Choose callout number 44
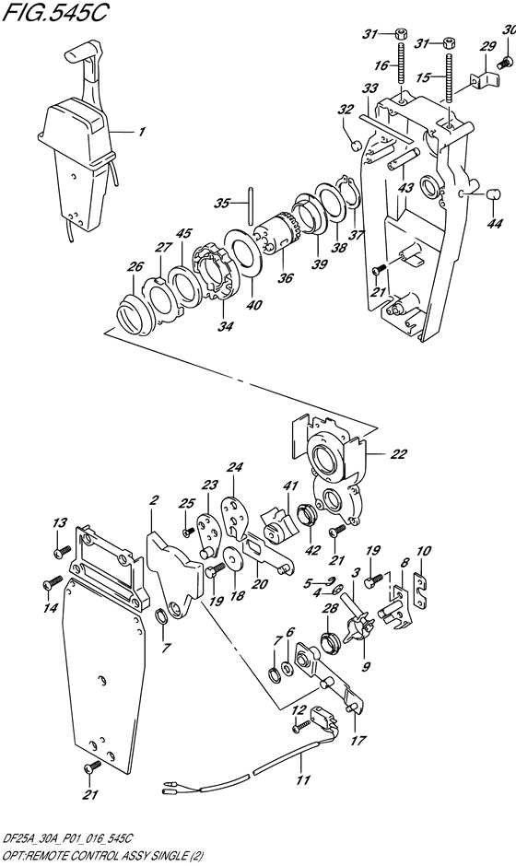[x=496, y=224]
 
